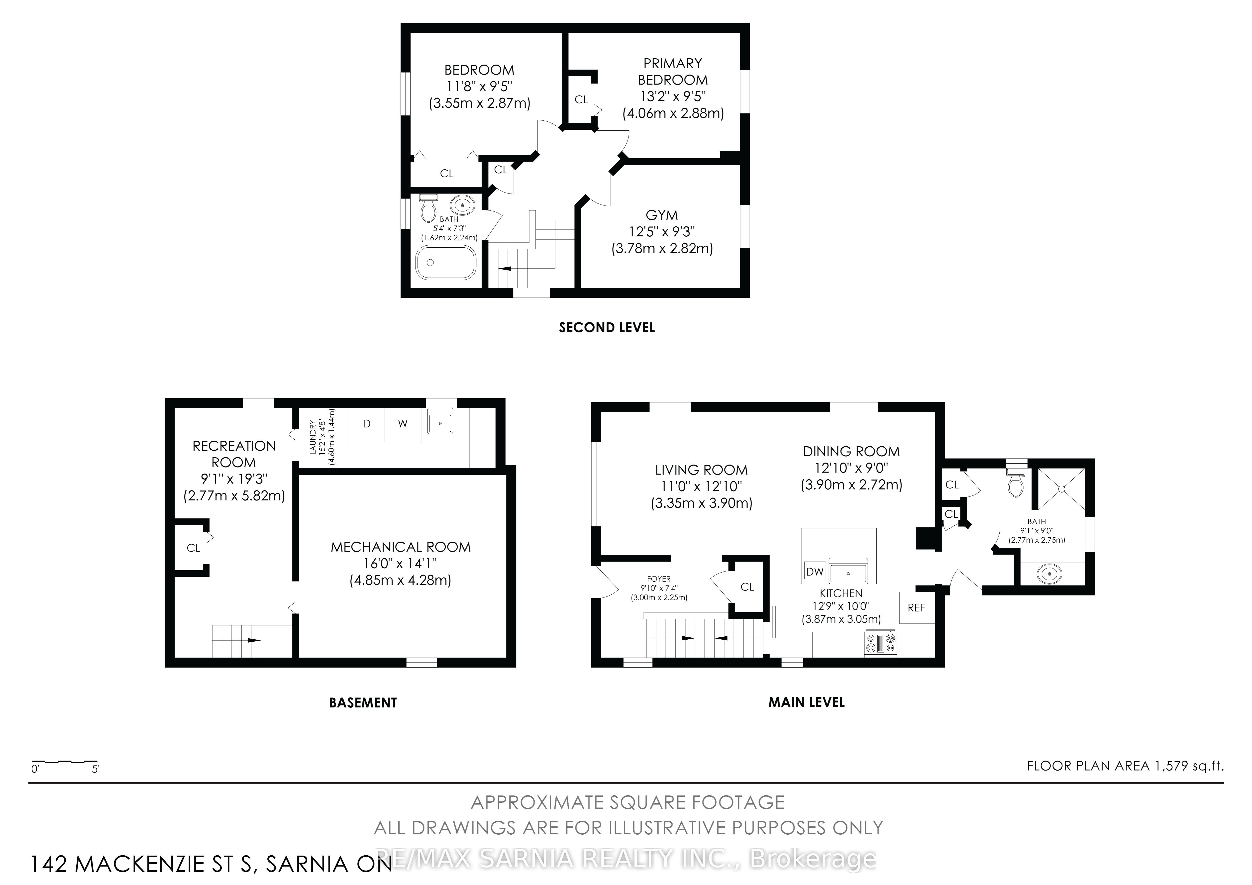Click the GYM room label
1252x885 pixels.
click(x=661, y=215)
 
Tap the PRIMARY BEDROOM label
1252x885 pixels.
click(x=673, y=71)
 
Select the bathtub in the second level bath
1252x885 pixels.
click(x=445, y=263)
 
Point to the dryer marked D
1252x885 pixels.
click(x=367, y=424)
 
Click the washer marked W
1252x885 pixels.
click(x=403, y=424)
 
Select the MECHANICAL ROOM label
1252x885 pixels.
click(x=401, y=547)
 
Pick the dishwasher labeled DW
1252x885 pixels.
click(x=815, y=572)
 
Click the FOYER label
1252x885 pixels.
click(x=659, y=579)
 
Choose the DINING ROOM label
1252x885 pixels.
click(x=851, y=452)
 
